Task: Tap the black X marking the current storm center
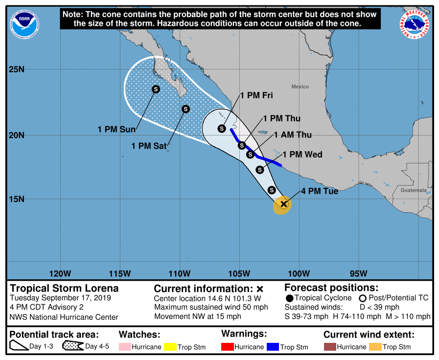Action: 283,204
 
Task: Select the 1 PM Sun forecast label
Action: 116,130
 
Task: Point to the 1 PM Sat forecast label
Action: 148,146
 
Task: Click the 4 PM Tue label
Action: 320,191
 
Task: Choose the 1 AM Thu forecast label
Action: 293,135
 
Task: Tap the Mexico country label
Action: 300,87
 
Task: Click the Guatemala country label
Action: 413,190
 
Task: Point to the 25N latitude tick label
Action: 17,69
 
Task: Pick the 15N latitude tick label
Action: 17,199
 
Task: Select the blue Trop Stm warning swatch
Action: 272,347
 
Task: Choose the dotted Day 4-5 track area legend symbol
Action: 72,346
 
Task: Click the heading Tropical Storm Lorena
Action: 64,288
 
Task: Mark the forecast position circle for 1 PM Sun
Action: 156,89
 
